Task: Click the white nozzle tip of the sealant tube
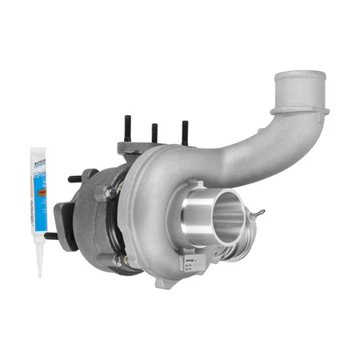point(39,264)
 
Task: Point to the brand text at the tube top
point(38,160)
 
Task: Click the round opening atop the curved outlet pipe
point(299,78)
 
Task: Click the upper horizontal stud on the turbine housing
point(75,178)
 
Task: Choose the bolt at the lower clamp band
point(118,260)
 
